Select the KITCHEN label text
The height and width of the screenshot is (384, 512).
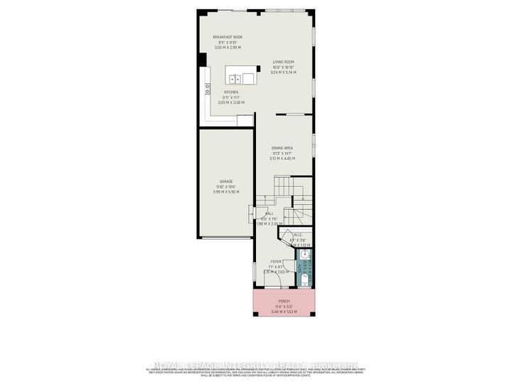point(230,92)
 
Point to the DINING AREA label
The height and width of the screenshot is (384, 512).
point(283,149)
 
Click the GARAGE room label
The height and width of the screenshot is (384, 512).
point(226,181)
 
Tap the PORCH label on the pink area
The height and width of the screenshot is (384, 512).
point(283,301)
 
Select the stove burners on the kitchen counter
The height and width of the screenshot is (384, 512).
point(208,89)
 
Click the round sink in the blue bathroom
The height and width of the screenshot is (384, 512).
point(304,254)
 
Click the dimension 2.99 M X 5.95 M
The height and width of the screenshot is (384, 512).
point(226,191)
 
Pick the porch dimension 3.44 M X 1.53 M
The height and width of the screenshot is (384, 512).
point(283,311)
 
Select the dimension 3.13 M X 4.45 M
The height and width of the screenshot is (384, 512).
point(283,159)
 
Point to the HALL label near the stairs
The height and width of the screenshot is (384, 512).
point(270,213)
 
